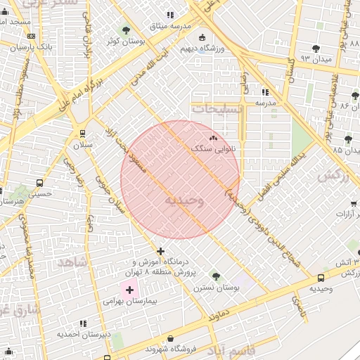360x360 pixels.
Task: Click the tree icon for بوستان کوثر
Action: click(x=126, y=30)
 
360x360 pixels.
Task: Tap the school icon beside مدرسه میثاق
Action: click(x=169, y=15)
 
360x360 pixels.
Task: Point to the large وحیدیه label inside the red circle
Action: click(x=184, y=200)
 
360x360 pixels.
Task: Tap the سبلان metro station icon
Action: click(x=83, y=133)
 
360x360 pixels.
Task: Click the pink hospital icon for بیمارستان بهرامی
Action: click(x=129, y=289)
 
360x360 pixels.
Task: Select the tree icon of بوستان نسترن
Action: click(x=215, y=276)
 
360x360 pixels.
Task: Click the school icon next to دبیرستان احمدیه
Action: click(x=83, y=323)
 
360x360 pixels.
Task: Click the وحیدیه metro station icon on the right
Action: click(x=321, y=278)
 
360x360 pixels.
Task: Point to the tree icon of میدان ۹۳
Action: click(x=316, y=49)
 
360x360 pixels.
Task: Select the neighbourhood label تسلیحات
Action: click(x=217, y=109)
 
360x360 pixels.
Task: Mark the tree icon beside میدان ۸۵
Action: click(x=349, y=140)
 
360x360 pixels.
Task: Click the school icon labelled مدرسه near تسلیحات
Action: click(x=265, y=92)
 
